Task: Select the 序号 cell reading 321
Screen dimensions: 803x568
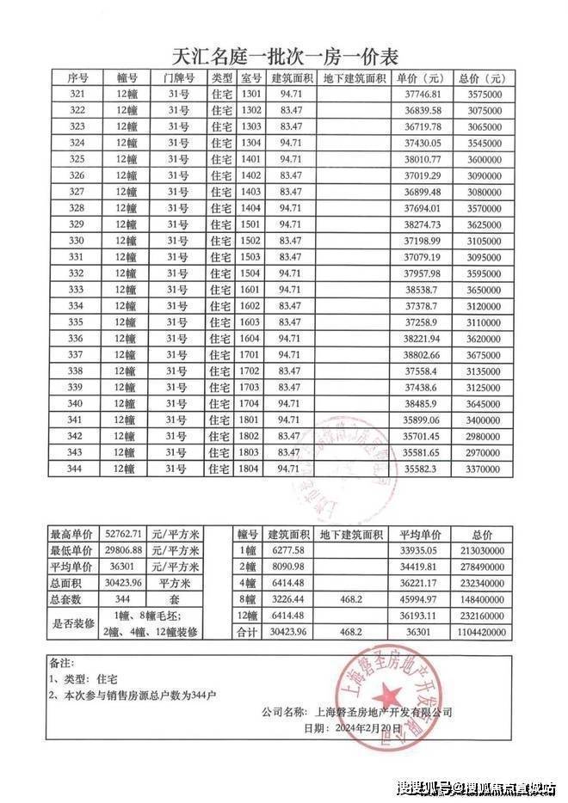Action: [x=77, y=94]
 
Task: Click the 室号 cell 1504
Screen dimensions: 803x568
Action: [x=251, y=273]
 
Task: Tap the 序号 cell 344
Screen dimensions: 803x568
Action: [x=77, y=469]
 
